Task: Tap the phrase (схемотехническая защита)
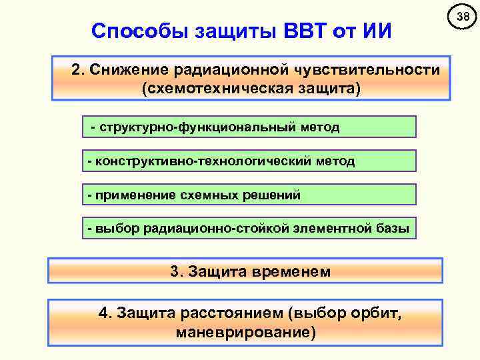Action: tap(251, 89)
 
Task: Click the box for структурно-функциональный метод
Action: tap(249, 127)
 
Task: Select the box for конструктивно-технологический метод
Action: tap(249, 161)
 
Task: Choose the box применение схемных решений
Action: tap(249, 195)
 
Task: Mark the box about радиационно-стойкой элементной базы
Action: tap(249, 229)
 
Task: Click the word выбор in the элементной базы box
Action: tap(117, 229)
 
